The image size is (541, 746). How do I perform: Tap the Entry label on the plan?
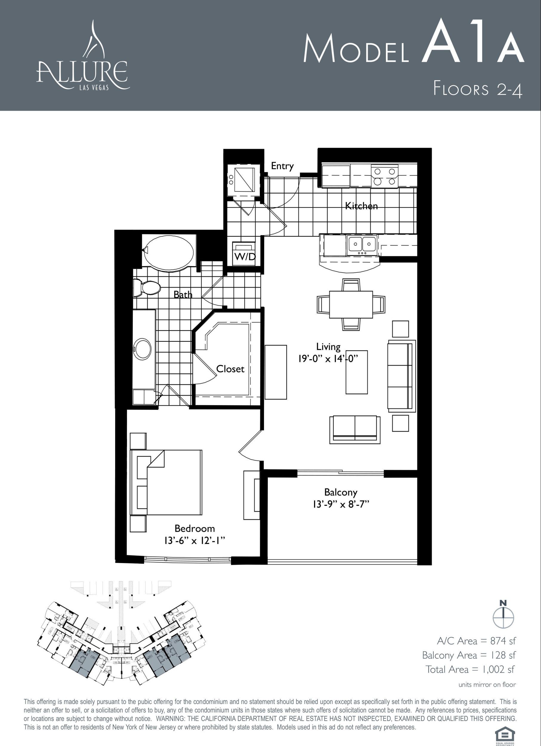[282, 166]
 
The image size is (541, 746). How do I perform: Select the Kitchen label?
[361, 206]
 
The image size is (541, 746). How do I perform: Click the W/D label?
[245, 256]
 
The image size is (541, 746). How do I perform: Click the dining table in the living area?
[351, 304]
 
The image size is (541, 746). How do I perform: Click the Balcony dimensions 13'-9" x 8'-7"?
[341, 504]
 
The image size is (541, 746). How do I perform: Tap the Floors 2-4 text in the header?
[477, 89]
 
